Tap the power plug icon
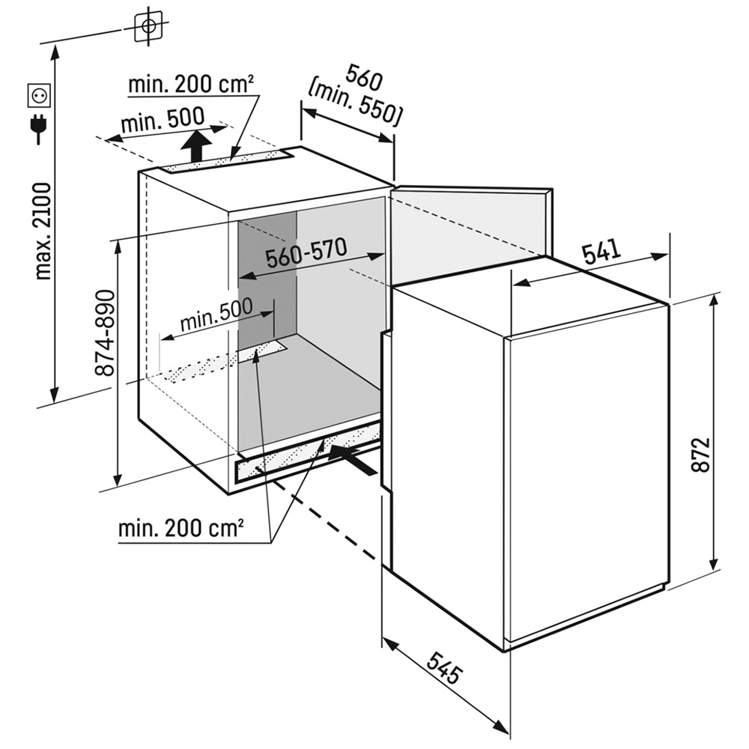38,127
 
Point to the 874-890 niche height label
106,333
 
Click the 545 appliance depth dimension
445,667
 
